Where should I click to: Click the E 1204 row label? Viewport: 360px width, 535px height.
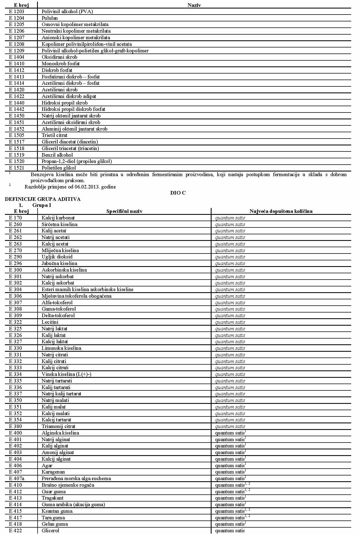tap(16, 18)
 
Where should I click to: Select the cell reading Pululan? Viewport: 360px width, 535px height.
tap(50, 18)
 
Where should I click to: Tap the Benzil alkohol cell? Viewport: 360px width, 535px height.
tap(57, 155)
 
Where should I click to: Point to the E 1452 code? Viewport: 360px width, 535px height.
tap(16, 129)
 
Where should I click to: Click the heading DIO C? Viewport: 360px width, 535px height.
tap(178, 193)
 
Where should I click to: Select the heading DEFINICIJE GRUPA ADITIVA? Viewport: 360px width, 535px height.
tap(43, 199)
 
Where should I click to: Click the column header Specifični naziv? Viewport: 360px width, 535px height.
tap(124, 211)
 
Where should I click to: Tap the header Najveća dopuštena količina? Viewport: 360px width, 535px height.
tap(281, 211)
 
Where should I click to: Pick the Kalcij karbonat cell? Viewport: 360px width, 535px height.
tap(58, 218)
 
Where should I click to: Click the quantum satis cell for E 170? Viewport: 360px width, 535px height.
tap(230, 218)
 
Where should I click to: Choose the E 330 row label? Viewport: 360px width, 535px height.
tap(15, 348)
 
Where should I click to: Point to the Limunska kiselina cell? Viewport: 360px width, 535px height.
tap(61, 348)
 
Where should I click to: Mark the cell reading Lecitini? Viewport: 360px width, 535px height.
tap(50, 322)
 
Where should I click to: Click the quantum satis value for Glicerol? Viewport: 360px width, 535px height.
tap(230, 530)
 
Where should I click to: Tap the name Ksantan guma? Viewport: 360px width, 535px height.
tap(57, 511)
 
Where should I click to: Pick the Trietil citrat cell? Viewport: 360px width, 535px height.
tap(54, 135)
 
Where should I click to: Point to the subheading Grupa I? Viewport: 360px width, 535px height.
tap(42, 205)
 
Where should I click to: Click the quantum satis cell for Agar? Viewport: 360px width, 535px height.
tap(230, 465)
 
